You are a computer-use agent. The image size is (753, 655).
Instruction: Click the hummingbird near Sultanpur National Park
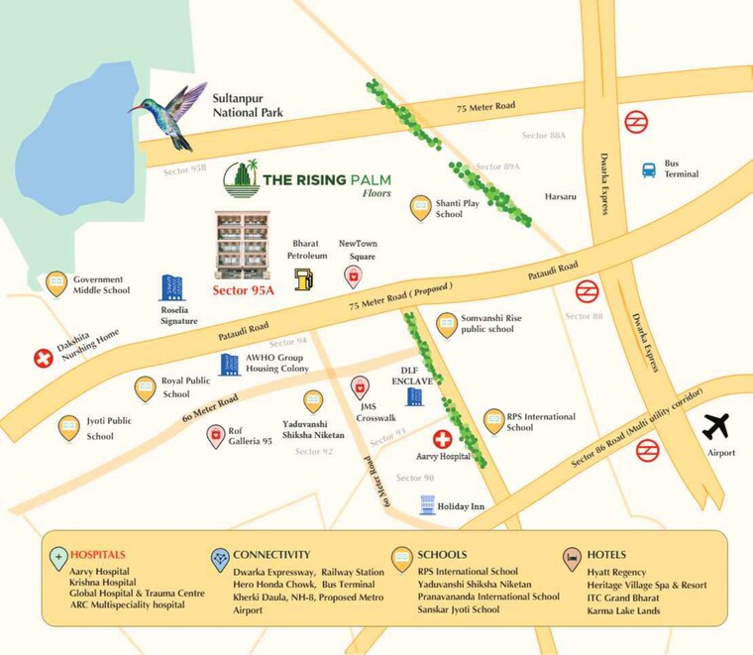pos(170,113)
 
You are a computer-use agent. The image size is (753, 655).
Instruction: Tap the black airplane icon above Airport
pos(716,426)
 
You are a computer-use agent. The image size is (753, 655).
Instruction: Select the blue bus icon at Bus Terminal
pos(649,169)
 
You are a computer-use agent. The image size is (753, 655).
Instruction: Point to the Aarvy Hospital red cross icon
pos(443,438)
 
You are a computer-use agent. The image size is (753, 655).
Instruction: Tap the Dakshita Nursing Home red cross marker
pos(44,358)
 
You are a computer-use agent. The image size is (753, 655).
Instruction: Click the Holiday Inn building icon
pos(427,504)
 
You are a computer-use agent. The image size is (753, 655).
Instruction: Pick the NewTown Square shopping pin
pos(353,275)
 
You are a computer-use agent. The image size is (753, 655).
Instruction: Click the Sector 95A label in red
pos(243,290)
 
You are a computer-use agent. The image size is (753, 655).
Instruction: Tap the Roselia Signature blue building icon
pos(171,287)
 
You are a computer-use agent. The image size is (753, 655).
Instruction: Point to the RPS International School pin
pos(493,421)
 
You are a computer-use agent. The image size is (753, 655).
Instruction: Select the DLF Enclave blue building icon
pos(414,396)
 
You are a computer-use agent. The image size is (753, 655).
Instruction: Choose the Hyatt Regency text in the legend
pos(615,572)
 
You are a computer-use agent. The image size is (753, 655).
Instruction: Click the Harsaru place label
pos(560,196)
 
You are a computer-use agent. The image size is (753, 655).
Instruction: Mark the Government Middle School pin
pos(56,283)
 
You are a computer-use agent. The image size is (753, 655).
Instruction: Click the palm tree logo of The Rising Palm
pos(241,179)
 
